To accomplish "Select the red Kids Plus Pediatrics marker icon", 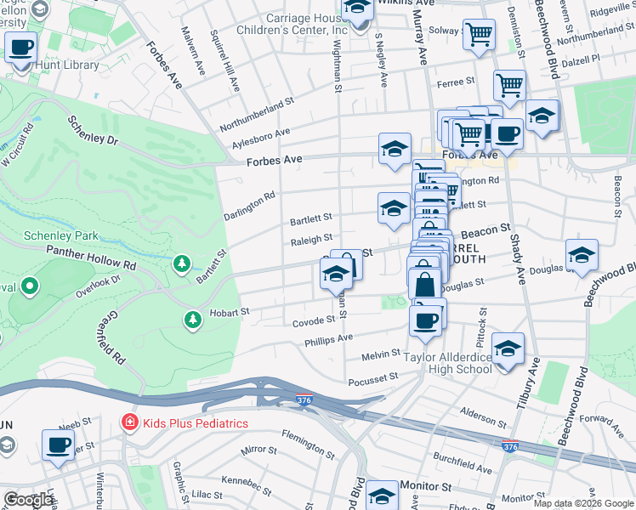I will pos(128,422).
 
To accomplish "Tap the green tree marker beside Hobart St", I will pos(193,319).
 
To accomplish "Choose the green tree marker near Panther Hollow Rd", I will pos(181,264).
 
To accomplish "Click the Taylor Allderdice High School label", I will pos(447,363).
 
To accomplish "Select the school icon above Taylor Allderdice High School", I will pos(508,348).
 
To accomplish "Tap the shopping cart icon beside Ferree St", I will pos(509,84).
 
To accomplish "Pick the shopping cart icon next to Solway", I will pos(480,35).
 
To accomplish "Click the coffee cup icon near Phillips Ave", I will pos(425,320).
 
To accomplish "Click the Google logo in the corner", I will pos(29,500).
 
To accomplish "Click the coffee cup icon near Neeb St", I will pos(59,445).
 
